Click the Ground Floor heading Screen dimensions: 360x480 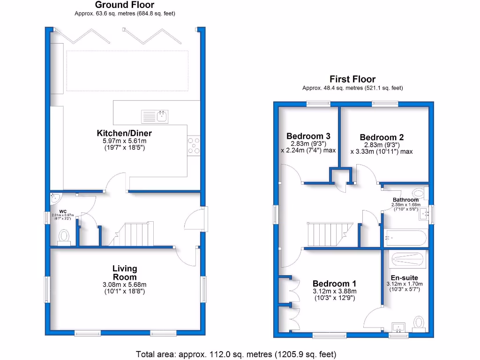[x=125, y=5]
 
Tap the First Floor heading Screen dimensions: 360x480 [x=352, y=79]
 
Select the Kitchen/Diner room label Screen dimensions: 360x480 [x=124, y=133]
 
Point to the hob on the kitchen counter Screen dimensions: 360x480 [x=194, y=145]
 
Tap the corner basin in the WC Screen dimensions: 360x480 [x=55, y=197]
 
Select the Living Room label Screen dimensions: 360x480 [x=125, y=272]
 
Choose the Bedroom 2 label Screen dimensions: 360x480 [x=382, y=137]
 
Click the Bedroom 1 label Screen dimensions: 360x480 [x=334, y=284]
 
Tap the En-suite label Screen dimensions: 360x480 [x=404, y=277]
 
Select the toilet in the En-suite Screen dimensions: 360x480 [x=419, y=323]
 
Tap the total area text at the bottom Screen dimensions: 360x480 [x=236, y=354]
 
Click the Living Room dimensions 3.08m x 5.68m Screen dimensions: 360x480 [x=125, y=285]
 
